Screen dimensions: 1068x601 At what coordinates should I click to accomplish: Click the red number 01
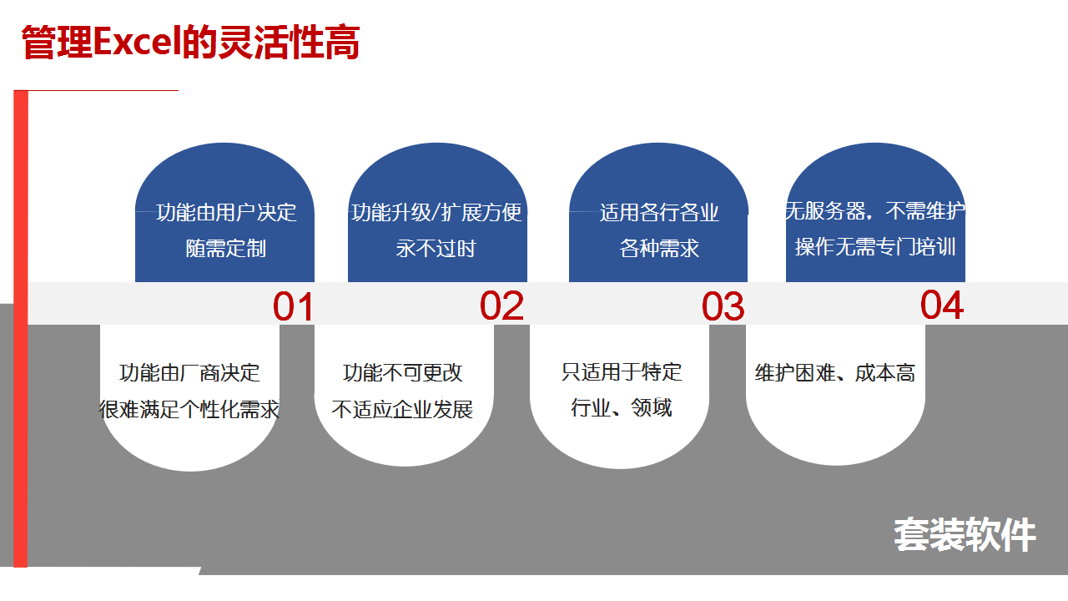[x=293, y=306]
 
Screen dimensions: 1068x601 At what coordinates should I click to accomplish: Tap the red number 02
[x=501, y=306]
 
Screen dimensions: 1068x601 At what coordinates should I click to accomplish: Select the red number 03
[x=723, y=306]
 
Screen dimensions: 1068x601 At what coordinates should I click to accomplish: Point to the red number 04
[x=942, y=305]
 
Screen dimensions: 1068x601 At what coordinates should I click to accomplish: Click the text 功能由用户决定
[x=226, y=212]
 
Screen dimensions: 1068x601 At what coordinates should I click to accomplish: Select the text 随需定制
[x=225, y=248]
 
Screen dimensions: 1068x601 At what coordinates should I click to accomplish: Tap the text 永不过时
[x=436, y=248]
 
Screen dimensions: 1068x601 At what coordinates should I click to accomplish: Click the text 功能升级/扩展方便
[x=436, y=212]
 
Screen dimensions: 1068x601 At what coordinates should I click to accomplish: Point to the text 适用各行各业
[x=659, y=212]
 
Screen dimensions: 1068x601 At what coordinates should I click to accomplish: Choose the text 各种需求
[x=659, y=248]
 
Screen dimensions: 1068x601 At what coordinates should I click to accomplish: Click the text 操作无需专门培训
[x=875, y=246]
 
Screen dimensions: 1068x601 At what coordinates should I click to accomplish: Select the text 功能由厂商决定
[x=189, y=372]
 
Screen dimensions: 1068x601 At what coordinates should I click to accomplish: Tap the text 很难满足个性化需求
[x=189, y=409]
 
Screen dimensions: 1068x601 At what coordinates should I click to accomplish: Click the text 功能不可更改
[x=402, y=372]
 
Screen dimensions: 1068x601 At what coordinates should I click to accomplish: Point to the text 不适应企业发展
[x=402, y=409]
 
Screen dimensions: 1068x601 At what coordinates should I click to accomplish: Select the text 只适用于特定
[x=622, y=371]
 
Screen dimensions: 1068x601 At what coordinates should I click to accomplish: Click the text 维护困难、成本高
[x=835, y=372]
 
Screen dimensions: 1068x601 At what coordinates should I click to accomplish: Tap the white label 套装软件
[x=965, y=535]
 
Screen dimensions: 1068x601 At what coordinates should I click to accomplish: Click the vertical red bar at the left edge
[x=21, y=329]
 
